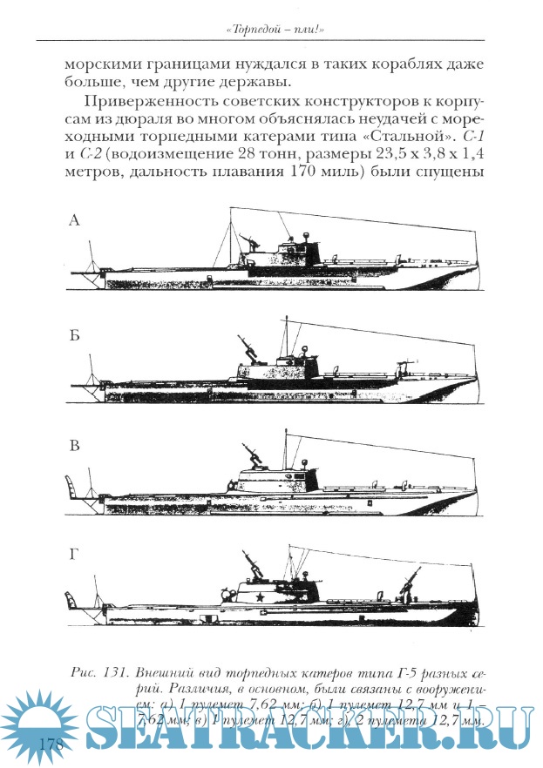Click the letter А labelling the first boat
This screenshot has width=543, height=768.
click(74, 221)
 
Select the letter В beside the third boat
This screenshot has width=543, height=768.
click(75, 447)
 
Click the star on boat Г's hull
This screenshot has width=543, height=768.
click(260, 597)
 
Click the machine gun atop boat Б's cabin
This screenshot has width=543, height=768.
click(251, 349)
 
